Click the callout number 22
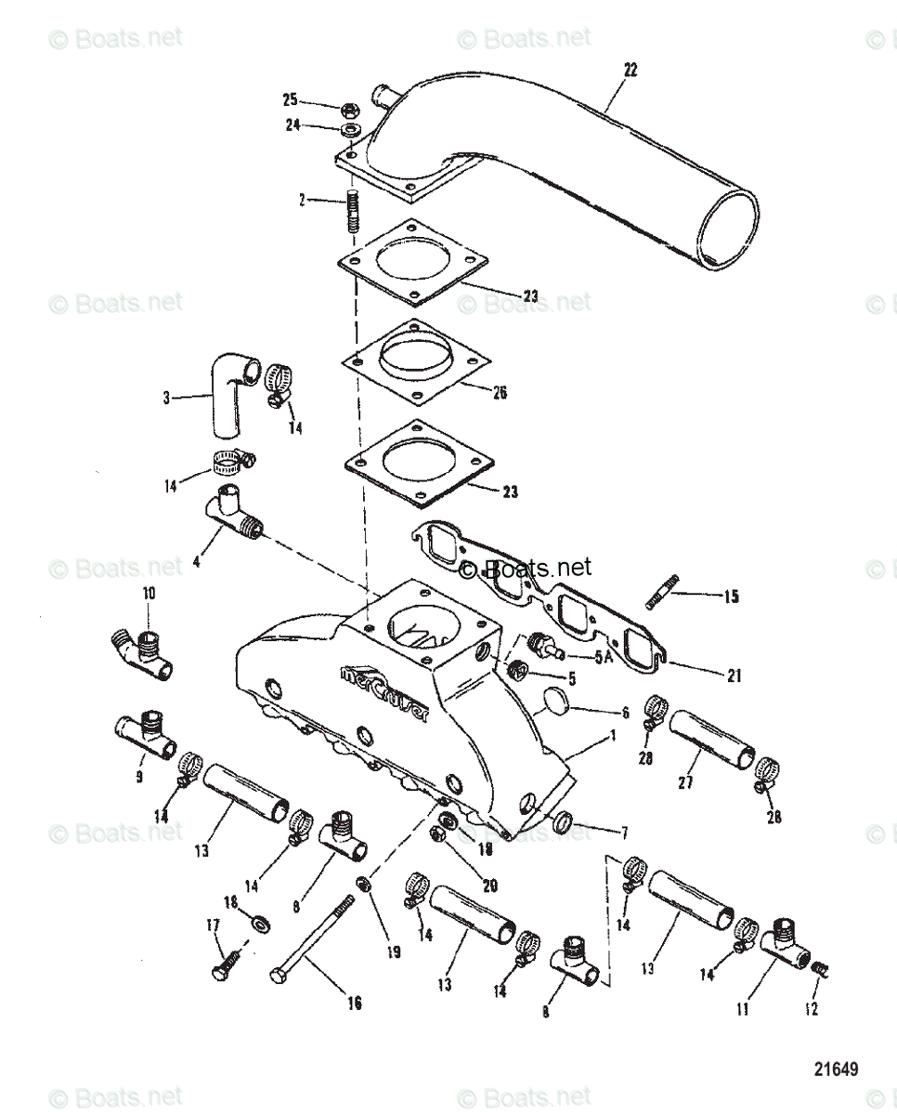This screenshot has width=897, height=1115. (x=630, y=69)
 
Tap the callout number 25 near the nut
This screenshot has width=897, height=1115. (x=291, y=99)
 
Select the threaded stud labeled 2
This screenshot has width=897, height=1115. (x=353, y=213)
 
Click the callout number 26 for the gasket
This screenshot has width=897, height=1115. (x=500, y=392)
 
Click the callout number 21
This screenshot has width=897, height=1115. (x=734, y=676)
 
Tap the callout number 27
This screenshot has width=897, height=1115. (x=685, y=782)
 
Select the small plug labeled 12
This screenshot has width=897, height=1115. (x=819, y=970)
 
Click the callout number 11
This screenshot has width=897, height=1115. (x=743, y=1009)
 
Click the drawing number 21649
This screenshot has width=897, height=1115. (x=836, y=1069)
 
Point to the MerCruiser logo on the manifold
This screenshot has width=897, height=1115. (x=383, y=692)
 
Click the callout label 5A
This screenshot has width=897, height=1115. (x=604, y=657)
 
